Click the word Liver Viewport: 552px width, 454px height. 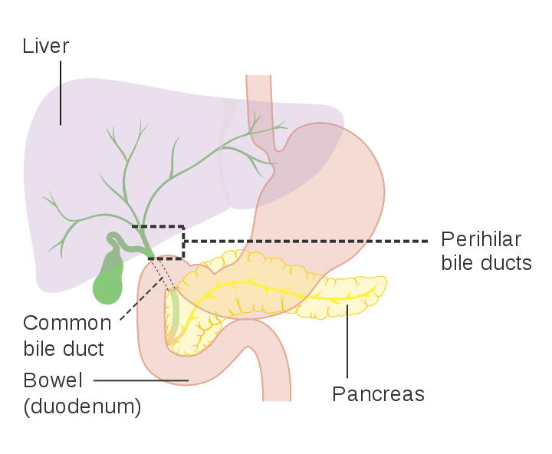point(46,46)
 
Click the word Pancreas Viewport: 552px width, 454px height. point(378,394)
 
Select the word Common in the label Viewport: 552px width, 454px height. point(67,323)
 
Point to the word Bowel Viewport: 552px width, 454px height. point(53,380)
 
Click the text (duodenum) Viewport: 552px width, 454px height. point(82,406)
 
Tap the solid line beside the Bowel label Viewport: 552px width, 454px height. point(142,380)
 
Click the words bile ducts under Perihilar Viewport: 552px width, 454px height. point(486,264)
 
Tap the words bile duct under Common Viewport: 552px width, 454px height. point(64,350)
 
